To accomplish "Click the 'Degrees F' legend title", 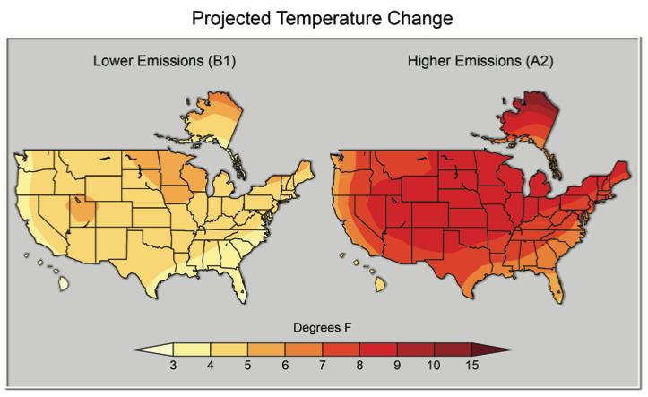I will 324,328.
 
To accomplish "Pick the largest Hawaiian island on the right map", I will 380,283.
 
